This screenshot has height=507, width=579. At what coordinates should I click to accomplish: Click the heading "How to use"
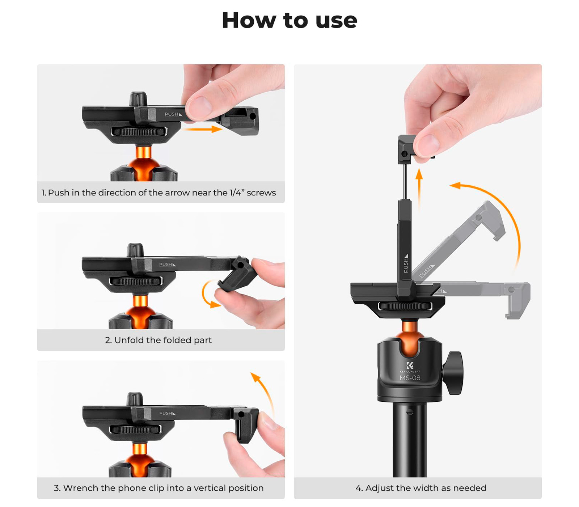[289, 20]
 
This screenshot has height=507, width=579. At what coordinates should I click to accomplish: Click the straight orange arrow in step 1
[202, 129]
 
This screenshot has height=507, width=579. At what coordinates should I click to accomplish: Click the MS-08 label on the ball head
[410, 378]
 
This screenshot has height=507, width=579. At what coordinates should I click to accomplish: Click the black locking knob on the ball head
[453, 372]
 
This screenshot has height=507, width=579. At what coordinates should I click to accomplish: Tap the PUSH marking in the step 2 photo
[168, 265]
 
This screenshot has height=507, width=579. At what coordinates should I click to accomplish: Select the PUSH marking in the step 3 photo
[168, 413]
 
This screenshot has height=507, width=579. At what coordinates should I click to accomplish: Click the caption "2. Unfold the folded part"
[158, 340]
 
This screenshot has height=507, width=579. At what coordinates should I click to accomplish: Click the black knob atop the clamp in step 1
[138, 99]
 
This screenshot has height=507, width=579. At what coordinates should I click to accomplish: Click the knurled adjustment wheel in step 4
[405, 306]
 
